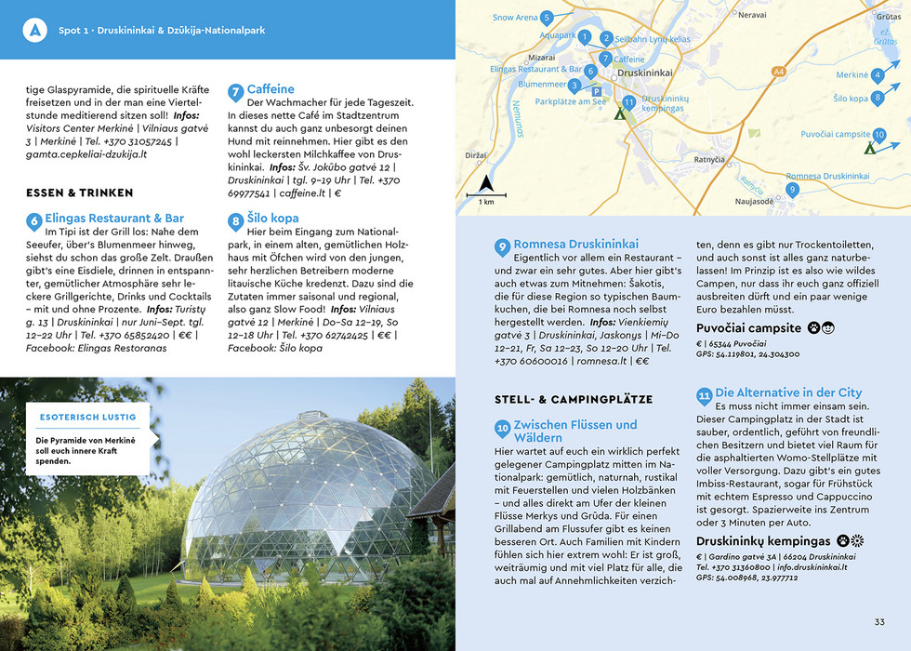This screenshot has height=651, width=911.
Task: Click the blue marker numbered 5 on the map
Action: click(547, 18)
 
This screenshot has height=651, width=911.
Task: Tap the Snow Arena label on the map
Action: click(515, 18)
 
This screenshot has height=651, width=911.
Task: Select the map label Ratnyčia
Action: click(709, 160)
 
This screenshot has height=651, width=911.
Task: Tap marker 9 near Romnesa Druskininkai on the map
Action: click(792, 189)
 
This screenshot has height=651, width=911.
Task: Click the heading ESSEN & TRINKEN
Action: click(80, 193)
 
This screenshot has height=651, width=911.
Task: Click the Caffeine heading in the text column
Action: click(271, 89)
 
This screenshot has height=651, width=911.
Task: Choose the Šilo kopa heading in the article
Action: click(272, 219)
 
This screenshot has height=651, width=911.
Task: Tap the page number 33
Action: click(879, 622)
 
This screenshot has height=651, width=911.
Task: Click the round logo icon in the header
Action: click(35, 30)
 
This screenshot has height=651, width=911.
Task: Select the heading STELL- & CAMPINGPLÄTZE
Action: click(574, 399)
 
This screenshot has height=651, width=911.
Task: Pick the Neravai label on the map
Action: click(752, 16)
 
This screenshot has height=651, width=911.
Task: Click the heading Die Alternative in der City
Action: click(788, 392)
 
